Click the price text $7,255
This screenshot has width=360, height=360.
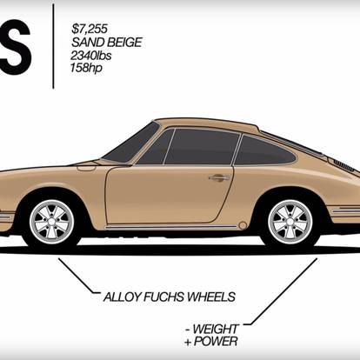(90, 29)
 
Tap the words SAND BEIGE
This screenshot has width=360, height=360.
(107, 43)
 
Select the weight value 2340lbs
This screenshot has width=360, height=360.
(91, 55)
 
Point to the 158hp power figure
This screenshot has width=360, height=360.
(86, 68)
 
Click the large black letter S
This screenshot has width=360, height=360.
(15, 48)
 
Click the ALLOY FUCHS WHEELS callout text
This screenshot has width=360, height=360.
(170, 297)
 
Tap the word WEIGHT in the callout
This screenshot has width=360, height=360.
(216, 329)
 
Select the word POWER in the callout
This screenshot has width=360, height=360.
(216, 342)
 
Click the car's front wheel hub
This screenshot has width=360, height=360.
(52, 222)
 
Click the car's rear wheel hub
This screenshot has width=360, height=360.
(290, 222)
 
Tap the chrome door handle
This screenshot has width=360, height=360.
(219, 177)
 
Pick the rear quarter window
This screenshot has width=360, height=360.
(264, 150)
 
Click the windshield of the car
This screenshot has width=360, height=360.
(132, 143)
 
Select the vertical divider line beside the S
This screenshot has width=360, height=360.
(53, 46)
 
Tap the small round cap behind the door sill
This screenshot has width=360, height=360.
(243, 225)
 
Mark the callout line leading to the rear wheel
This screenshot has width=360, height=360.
(281, 291)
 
